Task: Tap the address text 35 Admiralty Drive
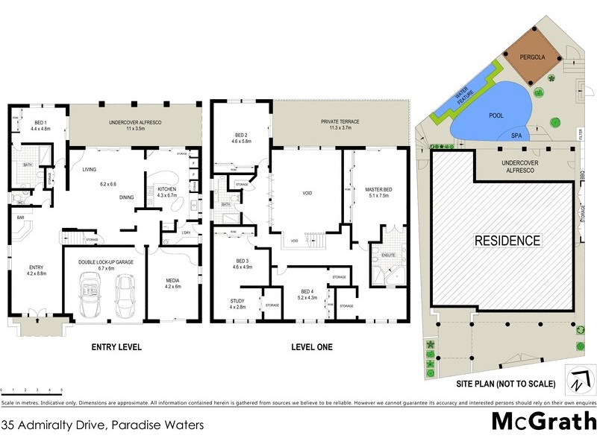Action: pyautogui.click(x=102, y=426)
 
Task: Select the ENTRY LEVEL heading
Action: pyautogui.click(x=116, y=347)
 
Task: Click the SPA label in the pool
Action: pyautogui.click(x=516, y=136)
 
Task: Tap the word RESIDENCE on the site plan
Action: pyautogui.click(x=507, y=241)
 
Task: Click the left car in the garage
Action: pyautogui.click(x=91, y=295)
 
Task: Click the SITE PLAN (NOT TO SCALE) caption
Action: pyautogui.click(x=506, y=384)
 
